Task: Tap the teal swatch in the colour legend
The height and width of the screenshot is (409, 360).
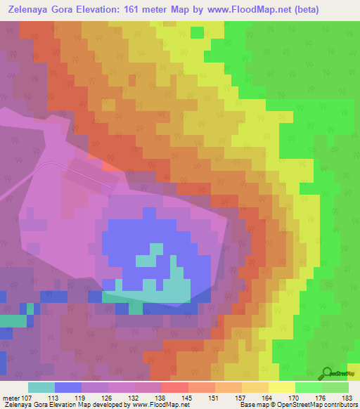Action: pos(41,387)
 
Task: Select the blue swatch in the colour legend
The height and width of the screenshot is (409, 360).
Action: pos(68,387)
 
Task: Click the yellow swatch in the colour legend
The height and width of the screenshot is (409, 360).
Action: pos(281,387)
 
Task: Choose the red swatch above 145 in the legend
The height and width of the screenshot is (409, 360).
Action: pos(175,387)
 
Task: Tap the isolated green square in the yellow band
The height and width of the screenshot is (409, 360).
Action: pos(197,32)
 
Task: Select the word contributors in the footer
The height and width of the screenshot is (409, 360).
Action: pos(340,405)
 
